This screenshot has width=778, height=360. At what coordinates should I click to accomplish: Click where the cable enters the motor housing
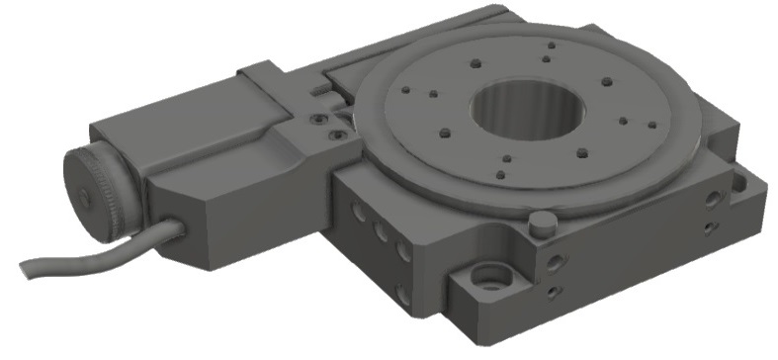179,228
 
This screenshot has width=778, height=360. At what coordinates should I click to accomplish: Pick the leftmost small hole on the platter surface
406,90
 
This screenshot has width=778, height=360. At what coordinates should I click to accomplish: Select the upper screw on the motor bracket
316,118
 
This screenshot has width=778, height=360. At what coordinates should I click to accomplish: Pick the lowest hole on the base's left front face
401,294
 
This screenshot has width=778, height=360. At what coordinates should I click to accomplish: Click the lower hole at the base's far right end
712,229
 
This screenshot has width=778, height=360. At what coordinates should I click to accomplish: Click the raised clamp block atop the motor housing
262,75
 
